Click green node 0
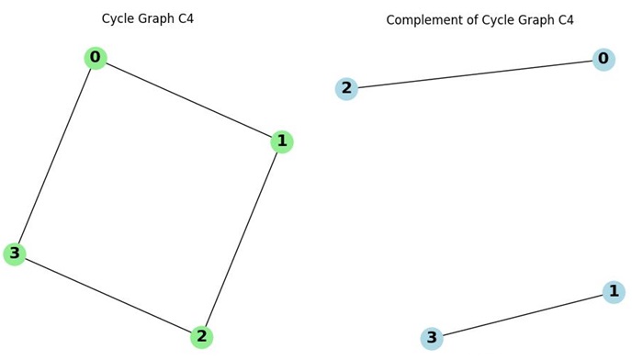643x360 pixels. tap(96, 58)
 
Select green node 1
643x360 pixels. tap(282, 141)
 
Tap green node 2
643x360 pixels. tap(202, 337)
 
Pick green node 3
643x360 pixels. tap(15, 253)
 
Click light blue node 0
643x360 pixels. tap(604, 60)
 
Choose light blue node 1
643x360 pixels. tap(614, 292)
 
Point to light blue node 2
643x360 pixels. tap(346, 88)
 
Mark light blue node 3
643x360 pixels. tap(432, 338)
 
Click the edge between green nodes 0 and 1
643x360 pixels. tap(188, 99)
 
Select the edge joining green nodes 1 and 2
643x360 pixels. tap(242, 240)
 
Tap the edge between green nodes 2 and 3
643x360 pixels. tap(108, 296)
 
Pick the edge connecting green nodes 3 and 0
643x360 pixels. tap(55, 156)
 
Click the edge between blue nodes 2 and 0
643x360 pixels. tap(475, 73)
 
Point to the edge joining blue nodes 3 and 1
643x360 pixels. tap(523, 315)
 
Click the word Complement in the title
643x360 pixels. tap(423, 19)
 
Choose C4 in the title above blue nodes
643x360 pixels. tap(563, 19)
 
